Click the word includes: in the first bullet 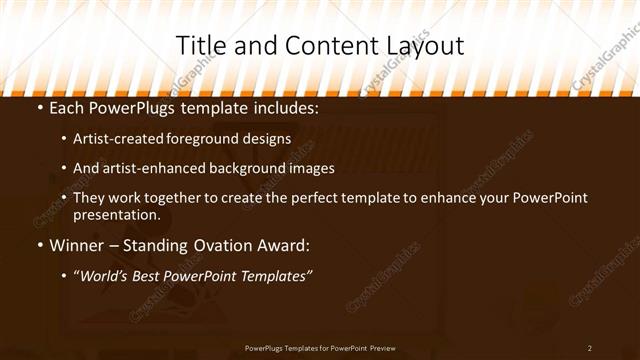coord(284,107)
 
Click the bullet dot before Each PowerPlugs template coord(39,108)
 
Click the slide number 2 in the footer coord(590,348)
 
